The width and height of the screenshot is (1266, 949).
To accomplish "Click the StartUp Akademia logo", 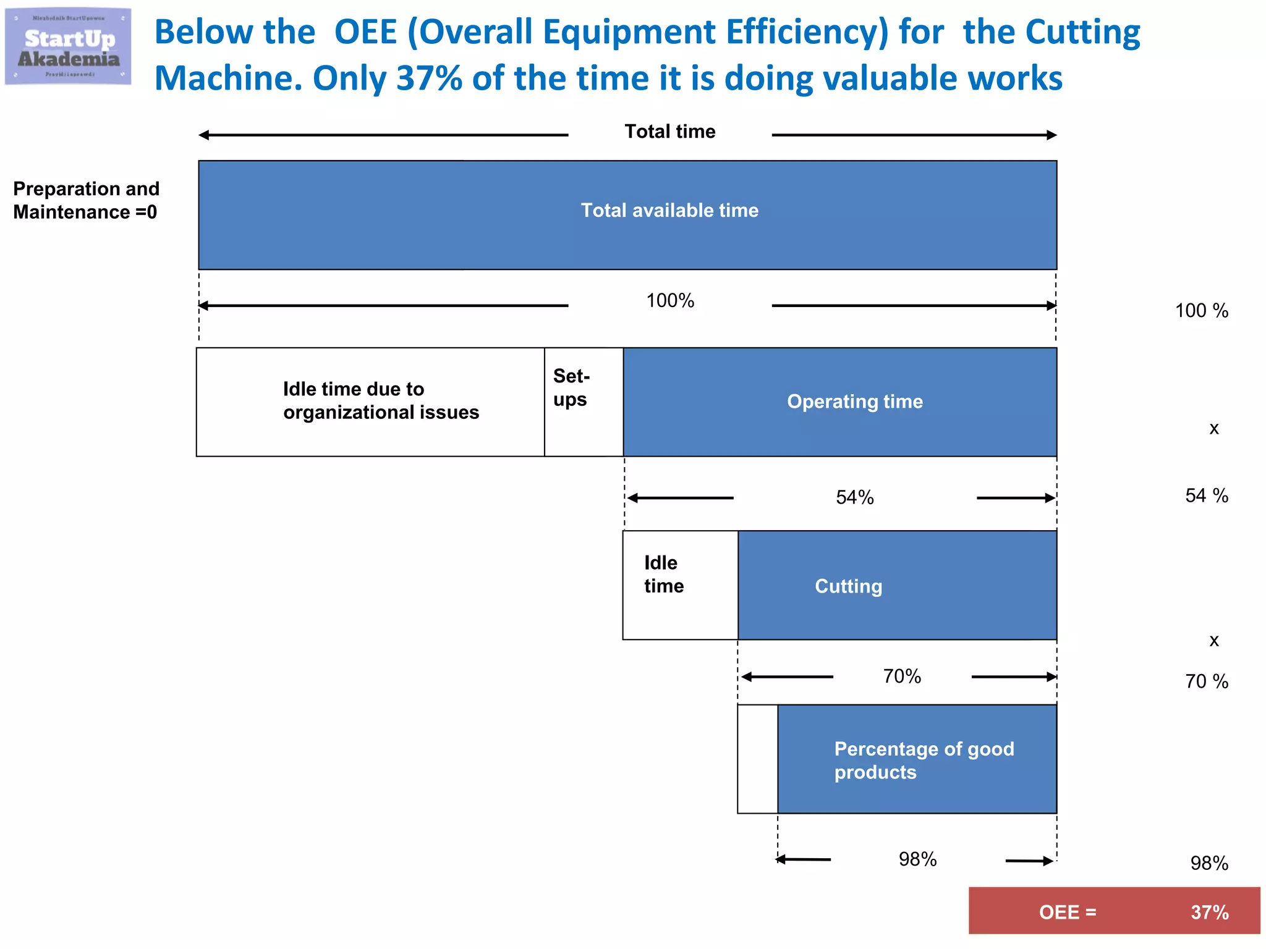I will tap(68, 47).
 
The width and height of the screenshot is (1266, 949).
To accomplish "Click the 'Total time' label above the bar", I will tap(669, 132).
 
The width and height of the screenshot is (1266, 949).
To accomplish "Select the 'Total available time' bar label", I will tap(669, 211).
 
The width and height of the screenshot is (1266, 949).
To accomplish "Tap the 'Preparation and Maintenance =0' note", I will tap(86, 200).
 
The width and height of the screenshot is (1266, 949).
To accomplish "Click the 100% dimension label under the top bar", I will tap(670, 301).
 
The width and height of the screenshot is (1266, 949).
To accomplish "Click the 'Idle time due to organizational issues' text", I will tap(381, 401).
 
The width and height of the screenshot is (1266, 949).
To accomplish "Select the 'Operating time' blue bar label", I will tap(854, 402).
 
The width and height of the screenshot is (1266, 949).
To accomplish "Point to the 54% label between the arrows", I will tap(854, 497).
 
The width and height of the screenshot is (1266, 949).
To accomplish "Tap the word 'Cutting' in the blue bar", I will tap(848, 586).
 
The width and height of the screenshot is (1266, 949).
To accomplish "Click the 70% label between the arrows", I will tap(902, 677).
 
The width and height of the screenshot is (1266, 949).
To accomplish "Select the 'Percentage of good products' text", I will tap(924, 761).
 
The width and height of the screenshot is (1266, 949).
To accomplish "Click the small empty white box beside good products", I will tap(757, 759).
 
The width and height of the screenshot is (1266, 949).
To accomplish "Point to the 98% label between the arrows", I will tap(917, 859).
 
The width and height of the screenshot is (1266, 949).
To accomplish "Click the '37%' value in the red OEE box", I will tap(1209, 913).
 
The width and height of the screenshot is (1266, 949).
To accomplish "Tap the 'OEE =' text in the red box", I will tap(1067, 913).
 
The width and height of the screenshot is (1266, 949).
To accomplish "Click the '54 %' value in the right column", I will tap(1206, 496).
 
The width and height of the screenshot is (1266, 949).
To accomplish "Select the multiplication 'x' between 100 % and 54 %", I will tap(1213, 429).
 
